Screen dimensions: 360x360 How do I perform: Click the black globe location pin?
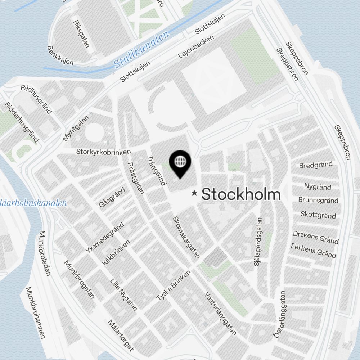click(179, 163)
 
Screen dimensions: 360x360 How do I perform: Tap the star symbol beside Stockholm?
click(195, 193)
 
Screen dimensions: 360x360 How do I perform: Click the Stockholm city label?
click(241, 194)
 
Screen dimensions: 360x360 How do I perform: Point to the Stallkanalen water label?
click(141, 51)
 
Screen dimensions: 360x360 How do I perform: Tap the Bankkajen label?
click(60, 55)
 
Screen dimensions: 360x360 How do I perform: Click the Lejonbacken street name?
click(196, 47)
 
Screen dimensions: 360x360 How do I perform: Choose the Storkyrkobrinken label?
click(103, 152)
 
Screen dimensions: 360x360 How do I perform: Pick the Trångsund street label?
click(157, 170)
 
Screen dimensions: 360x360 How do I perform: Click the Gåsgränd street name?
click(112, 197)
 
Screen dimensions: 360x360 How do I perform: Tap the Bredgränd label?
click(316, 165)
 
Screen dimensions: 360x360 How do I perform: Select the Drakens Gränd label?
click(316, 237)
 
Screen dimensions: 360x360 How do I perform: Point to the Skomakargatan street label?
click(186, 237)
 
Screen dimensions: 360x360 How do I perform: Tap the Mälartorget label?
click(121, 335)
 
